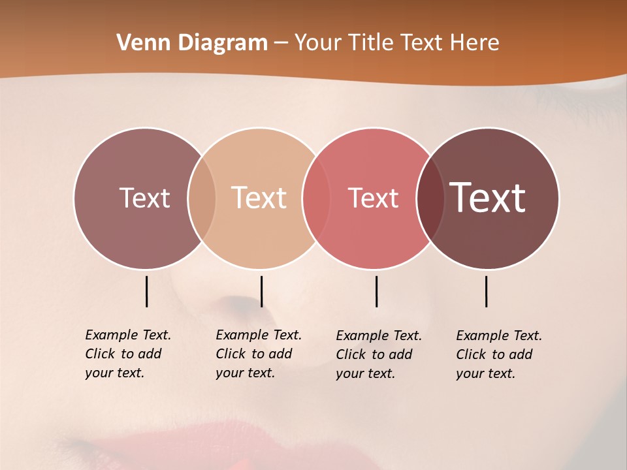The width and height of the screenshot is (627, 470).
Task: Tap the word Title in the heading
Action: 371,42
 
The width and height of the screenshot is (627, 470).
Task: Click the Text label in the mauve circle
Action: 144,198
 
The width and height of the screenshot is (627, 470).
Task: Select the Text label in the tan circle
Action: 259,198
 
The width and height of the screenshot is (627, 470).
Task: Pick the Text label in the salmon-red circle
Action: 373,198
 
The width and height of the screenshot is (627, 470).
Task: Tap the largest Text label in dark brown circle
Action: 488,198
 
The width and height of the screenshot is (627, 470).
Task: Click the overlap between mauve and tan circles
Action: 202,198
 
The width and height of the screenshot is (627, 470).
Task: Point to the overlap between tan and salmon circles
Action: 316,198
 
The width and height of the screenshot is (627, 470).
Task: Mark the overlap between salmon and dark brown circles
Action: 430,198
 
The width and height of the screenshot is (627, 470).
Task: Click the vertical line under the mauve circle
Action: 147,291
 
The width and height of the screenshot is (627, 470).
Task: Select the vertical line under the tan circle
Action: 262,291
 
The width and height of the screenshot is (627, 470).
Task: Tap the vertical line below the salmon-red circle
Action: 377,291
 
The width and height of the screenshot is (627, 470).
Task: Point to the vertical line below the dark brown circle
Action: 487,291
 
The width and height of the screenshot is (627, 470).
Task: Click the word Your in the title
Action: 318,42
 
